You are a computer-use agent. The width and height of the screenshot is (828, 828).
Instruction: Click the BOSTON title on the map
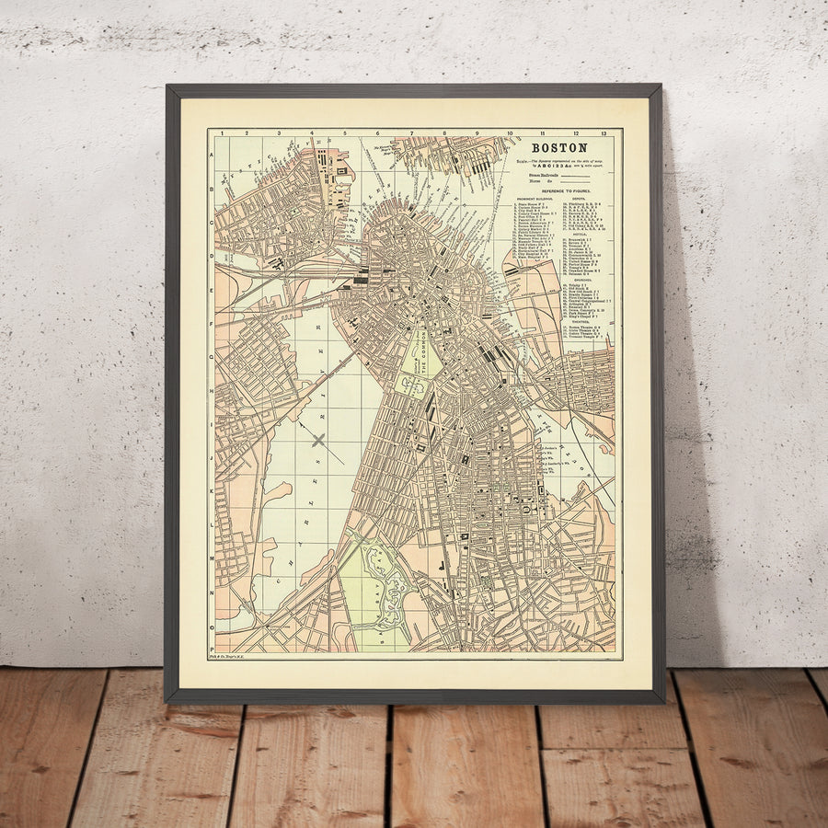(x=558, y=147)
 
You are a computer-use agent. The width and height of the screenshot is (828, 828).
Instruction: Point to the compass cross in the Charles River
(x=318, y=440)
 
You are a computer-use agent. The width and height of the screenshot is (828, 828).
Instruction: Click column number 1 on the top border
(x=223, y=133)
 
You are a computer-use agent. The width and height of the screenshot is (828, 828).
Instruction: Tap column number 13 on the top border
(x=604, y=133)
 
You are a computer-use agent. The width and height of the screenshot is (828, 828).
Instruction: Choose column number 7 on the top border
(x=413, y=133)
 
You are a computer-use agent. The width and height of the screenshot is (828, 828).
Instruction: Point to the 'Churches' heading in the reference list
(x=582, y=281)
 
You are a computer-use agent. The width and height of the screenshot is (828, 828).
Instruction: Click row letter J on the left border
(x=212, y=455)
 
